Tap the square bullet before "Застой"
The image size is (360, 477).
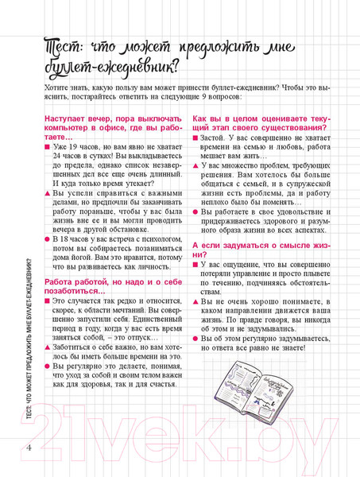(196, 138)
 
